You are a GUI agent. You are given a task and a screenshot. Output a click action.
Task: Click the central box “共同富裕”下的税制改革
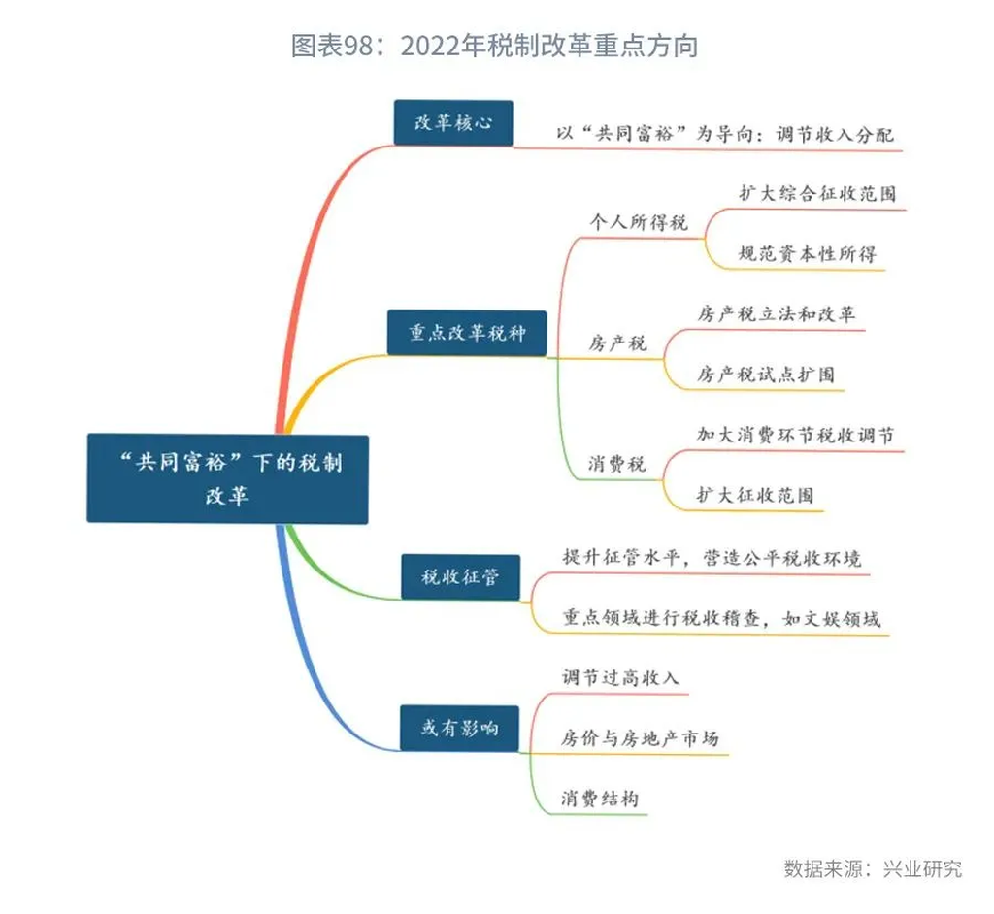click(227, 478)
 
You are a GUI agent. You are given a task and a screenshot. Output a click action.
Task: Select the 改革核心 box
click(453, 122)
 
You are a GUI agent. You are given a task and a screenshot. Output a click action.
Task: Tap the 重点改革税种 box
click(467, 333)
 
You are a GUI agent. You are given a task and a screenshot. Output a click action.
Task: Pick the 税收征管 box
click(461, 576)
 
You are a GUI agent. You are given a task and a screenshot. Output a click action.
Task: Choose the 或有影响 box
click(459, 728)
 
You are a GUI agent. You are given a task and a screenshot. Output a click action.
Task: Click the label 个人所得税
click(639, 222)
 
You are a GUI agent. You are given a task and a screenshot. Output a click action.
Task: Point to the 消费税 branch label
click(616, 464)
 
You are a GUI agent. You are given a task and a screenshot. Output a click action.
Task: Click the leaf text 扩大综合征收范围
click(817, 193)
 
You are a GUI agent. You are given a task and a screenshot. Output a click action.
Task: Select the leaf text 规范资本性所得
click(808, 254)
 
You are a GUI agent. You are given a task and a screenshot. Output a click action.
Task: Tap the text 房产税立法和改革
click(777, 313)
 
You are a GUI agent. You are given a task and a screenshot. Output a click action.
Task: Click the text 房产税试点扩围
click(766, 374)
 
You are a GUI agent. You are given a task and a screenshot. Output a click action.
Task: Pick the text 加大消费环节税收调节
click(796, 435)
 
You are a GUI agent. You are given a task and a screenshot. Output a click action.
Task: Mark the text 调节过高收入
click(620, 677)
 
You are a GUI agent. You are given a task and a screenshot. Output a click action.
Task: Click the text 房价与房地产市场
click(641, 737)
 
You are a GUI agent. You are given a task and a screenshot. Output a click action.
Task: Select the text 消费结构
click(600, 798)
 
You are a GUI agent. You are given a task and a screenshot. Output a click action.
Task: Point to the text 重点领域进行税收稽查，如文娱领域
click(721, 618)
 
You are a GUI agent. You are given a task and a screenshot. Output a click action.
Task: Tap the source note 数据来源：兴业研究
click(873, 868)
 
